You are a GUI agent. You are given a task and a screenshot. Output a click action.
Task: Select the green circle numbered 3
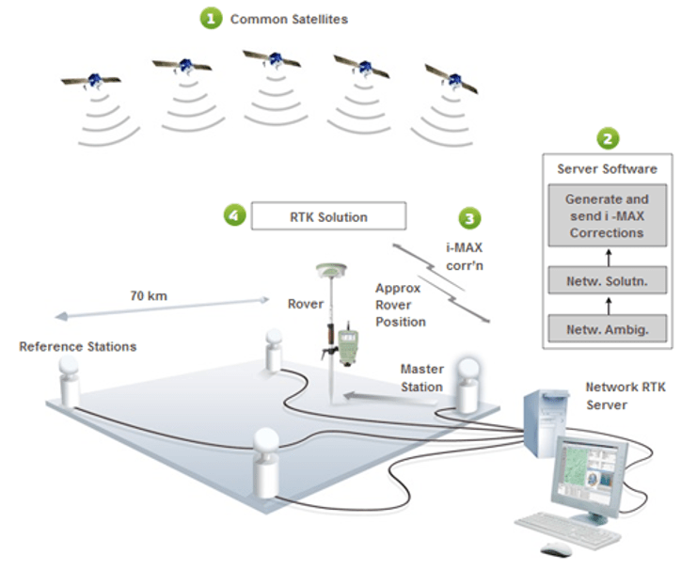click(x=469, y=218)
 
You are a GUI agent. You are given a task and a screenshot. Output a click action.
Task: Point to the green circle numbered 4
click(x=234, y=215)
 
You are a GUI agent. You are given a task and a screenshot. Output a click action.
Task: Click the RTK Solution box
click(x=327, y=216)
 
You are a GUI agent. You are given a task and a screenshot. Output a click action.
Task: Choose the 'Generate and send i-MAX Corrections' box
click(x=607, y=215)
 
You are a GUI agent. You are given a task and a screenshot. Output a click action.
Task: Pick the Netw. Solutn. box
click(x=607, y=280)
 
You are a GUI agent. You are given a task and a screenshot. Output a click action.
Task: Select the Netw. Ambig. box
click(x=607, y=329)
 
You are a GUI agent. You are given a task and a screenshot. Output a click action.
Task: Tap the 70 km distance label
click(x=149, y=295)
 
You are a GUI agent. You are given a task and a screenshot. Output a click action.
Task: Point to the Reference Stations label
click(x=78, y=347)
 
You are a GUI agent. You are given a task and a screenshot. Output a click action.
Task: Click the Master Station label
click(x=421, y=377)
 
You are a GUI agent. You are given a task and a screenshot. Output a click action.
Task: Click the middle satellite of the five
click(x=273, y=60)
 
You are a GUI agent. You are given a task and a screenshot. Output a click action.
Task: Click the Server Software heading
click(x=607, y=169)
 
